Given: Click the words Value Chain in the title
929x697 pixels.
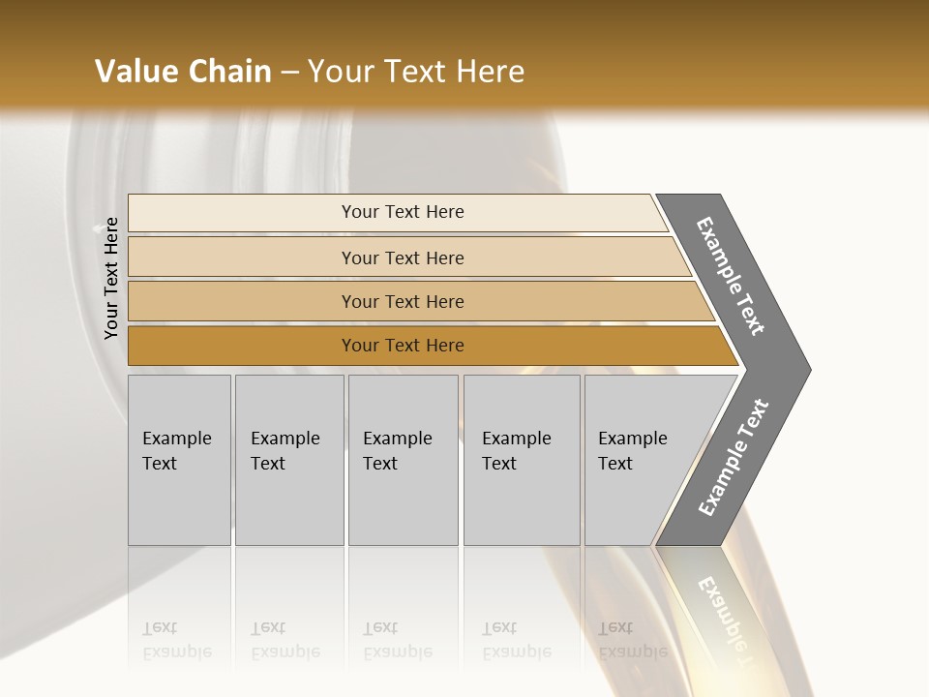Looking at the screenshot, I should [183, 72].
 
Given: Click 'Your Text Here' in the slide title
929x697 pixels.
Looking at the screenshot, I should [416, 72].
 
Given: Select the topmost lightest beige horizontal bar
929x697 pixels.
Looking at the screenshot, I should [242, 213].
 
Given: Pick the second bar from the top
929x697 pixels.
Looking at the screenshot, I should [242, 258].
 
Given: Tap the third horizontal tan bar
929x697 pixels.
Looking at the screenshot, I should [242, 302].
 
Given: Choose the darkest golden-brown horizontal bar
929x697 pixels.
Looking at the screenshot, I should [242, 346].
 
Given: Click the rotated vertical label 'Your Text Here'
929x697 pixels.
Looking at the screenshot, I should [111, 279].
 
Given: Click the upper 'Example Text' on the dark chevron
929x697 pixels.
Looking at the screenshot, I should [731, 276].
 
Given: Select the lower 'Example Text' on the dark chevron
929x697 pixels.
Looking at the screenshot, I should [733, 458].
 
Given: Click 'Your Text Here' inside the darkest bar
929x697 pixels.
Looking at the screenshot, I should [403, 346].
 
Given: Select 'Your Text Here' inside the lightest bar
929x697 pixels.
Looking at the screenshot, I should [403, 212].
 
